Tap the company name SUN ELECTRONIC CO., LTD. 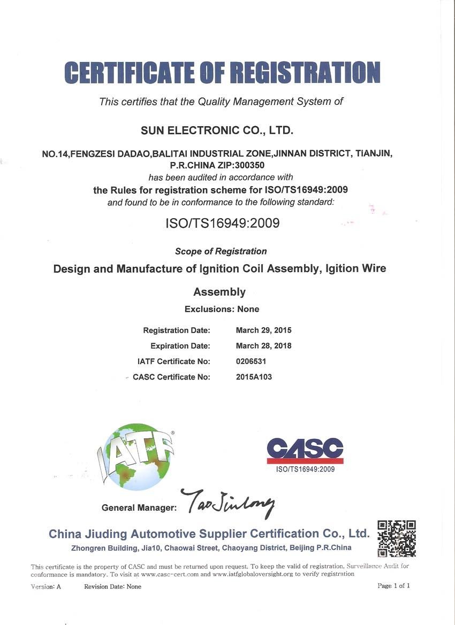tap(217, 130)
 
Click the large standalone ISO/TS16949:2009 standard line tap(222, 223)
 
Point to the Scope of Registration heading tap(221, 251)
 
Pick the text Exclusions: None tap(222, 309)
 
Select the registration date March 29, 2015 tap(263, 330)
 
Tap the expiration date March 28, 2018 tap(263, 346)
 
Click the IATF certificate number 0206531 tap(251, 361)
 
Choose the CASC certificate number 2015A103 tap(254, 377)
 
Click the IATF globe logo tap(137, 456)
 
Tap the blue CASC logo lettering tap(305, 448)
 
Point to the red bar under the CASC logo tap(305, 461)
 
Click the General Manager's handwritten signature tap(227, 503)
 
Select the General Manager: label tap(139, 507)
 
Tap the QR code tap(397, 538)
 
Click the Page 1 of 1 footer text tap(393, 586)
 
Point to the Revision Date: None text tap(112, 587)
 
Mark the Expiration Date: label tap(180, 346)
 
